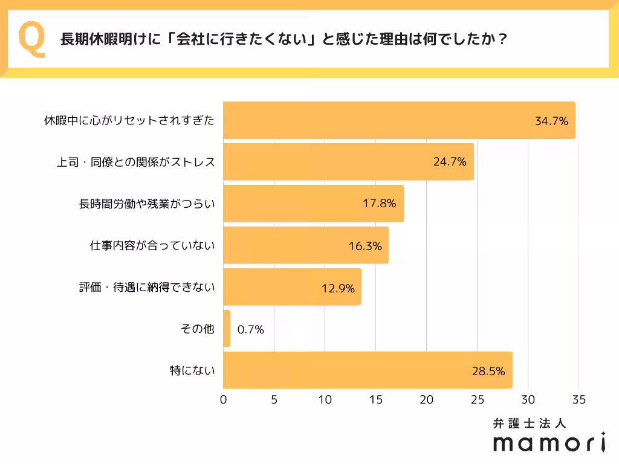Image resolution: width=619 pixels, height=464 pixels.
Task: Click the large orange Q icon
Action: [32, 39]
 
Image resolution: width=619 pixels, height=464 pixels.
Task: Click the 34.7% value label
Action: [551, 121]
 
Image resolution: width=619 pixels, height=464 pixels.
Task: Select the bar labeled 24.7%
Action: [348, 162]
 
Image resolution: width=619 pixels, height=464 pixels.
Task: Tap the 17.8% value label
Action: [379, 204]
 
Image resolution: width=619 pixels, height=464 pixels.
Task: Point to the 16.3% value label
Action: [365, 246]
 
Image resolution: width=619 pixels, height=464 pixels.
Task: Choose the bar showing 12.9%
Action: [292, 287]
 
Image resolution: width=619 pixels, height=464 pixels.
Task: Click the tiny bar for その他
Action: [227, 329]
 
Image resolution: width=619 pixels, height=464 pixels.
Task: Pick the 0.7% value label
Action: [250, 330]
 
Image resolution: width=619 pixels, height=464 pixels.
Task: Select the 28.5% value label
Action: [488, 371]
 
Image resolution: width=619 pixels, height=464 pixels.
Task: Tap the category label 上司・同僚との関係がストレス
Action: [135, 162]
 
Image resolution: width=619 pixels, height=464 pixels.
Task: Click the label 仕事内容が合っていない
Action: [152, 245]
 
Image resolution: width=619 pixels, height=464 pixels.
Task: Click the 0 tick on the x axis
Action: [224, 399]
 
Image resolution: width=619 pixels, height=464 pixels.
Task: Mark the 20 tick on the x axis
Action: [427, 399]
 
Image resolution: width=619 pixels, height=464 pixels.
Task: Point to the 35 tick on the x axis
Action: [578, 399]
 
